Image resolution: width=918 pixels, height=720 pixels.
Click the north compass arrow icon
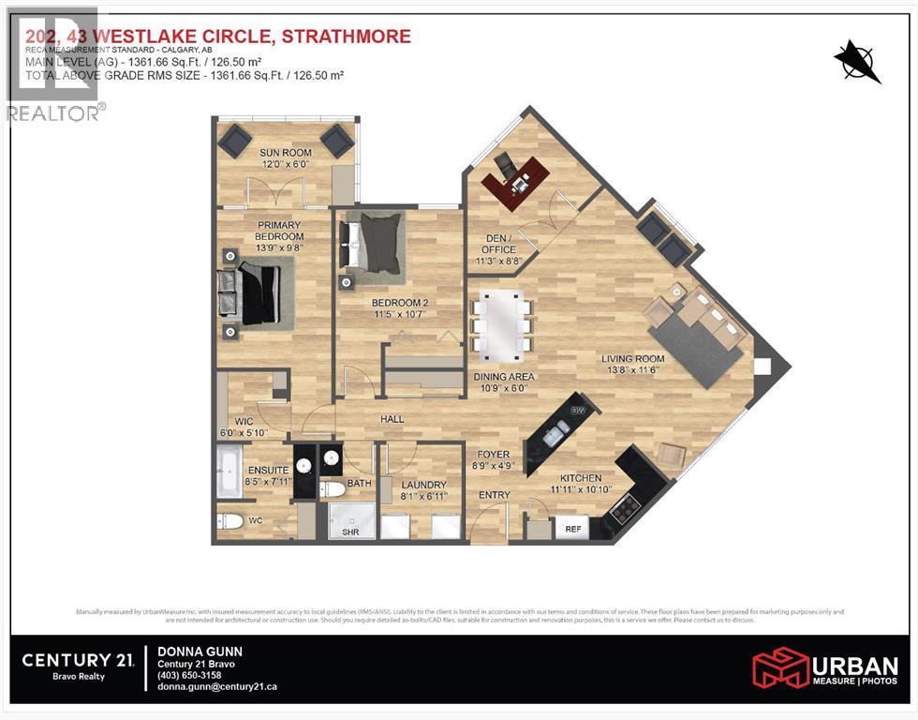[857, 62]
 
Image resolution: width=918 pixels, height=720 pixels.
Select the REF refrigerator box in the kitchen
[571, 530]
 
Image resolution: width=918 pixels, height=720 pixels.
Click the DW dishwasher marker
[578, 411]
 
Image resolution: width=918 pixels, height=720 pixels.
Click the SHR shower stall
[350, 520]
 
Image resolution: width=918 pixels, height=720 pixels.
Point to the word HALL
[392, 418]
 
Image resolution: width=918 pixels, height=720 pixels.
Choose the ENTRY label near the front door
[494, 495]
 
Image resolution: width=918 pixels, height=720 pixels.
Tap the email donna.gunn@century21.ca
[216, 687]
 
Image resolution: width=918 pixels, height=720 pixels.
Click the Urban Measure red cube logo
[780, 667]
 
